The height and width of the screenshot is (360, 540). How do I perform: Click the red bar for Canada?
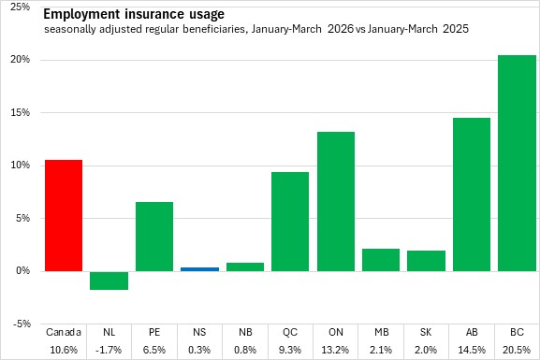64,215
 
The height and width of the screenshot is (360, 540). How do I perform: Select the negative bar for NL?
109,281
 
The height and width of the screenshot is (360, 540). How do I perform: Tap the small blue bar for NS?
199,269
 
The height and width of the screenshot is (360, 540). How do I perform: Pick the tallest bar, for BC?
517,163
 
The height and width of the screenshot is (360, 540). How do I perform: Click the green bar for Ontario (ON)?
336,201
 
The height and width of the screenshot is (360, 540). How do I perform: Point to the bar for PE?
154,237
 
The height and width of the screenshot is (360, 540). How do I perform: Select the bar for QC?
290,222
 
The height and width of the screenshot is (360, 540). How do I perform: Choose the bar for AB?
472,194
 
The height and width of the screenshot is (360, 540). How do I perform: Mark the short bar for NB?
245,267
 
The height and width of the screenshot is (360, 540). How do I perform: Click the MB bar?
381,260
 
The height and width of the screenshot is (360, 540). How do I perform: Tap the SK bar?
427,261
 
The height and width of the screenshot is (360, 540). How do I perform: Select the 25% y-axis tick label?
21,7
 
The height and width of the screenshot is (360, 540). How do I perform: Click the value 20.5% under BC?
517,350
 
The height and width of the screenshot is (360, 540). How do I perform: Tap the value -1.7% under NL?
109,350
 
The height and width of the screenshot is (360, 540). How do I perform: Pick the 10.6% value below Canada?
64,350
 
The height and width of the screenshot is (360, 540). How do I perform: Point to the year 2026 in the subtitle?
341,29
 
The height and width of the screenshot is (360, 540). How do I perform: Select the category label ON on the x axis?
336,332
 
